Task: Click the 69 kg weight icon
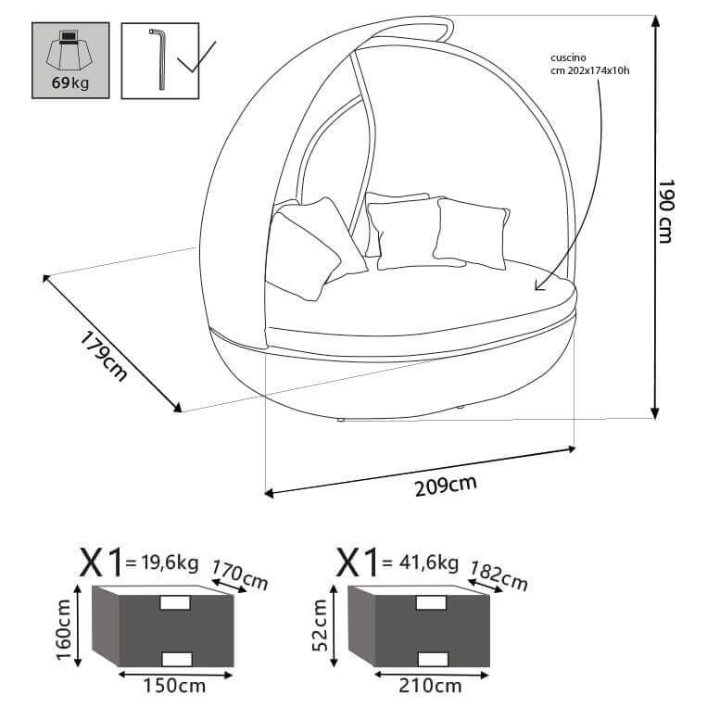(70, 60)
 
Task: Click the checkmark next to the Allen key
(196, 57)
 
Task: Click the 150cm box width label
(176, 687)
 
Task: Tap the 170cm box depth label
(239, 575)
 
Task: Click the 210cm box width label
(431, 687)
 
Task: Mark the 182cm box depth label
(499, 575)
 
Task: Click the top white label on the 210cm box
(431, 602)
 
